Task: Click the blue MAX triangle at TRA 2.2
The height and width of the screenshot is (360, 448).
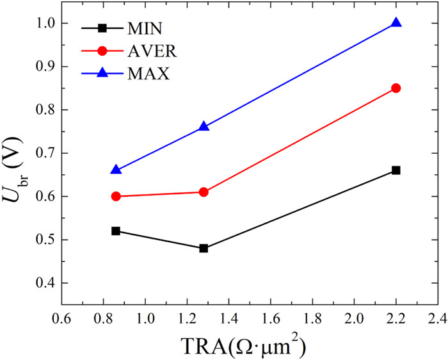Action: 396,22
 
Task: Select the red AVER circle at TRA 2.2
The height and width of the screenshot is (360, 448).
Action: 396,88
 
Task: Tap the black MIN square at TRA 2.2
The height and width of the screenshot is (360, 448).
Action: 396,170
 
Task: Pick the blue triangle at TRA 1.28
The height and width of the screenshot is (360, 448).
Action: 204,127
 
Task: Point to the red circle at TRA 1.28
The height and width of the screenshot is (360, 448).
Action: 204,192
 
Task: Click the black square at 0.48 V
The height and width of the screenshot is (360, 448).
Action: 204,248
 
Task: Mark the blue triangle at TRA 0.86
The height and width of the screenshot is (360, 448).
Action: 116,170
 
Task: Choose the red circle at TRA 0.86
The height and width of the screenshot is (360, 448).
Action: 116,196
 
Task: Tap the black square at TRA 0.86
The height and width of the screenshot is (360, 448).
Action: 116,231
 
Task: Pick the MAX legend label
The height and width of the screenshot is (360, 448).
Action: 148,74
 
